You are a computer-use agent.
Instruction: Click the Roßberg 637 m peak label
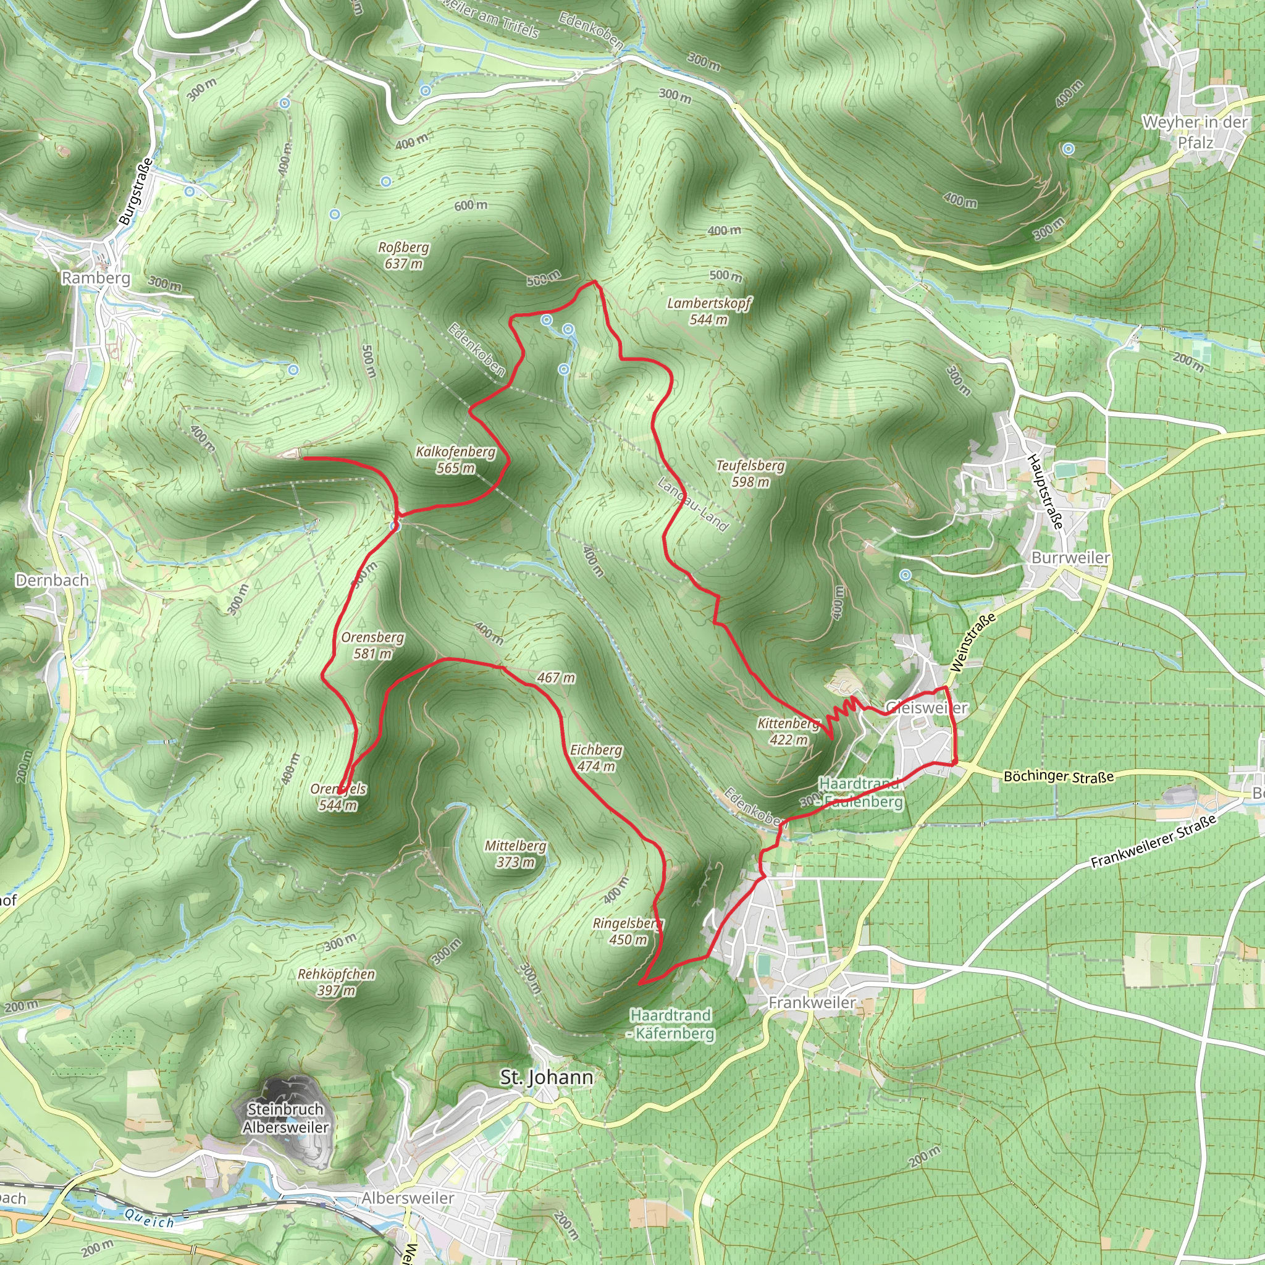(403, 255)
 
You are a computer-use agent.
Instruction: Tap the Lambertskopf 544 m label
(708, 311)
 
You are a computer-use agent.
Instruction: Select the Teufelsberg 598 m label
(750, 473)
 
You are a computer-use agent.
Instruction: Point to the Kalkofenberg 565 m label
(456, 460)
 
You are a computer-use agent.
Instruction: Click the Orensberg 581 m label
(372, 645)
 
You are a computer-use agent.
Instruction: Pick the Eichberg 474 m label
(596, 757)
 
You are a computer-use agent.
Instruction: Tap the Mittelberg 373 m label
(515, 854)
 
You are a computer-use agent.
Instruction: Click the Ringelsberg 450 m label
(628, 931)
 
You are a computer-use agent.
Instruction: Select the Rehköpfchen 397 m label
(336, 982)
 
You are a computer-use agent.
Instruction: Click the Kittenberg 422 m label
(788, 731)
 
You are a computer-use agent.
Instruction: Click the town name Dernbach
(52, 580)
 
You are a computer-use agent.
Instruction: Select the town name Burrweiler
(1070, 557)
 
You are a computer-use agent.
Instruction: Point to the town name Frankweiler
(812, 1002)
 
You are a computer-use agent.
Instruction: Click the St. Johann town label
(547, 1077)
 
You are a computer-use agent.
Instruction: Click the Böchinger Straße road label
(1059, 776)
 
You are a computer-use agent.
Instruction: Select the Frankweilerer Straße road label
(1153, 842)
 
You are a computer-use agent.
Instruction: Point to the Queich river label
(149, 1217)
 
